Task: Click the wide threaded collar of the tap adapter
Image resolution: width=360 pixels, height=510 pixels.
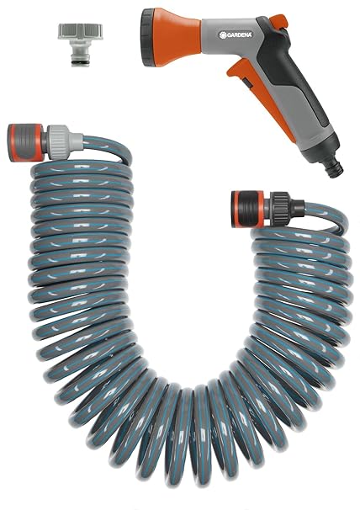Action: [x=73, y=29]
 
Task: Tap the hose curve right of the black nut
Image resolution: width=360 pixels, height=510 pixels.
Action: [x=311, y=210]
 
